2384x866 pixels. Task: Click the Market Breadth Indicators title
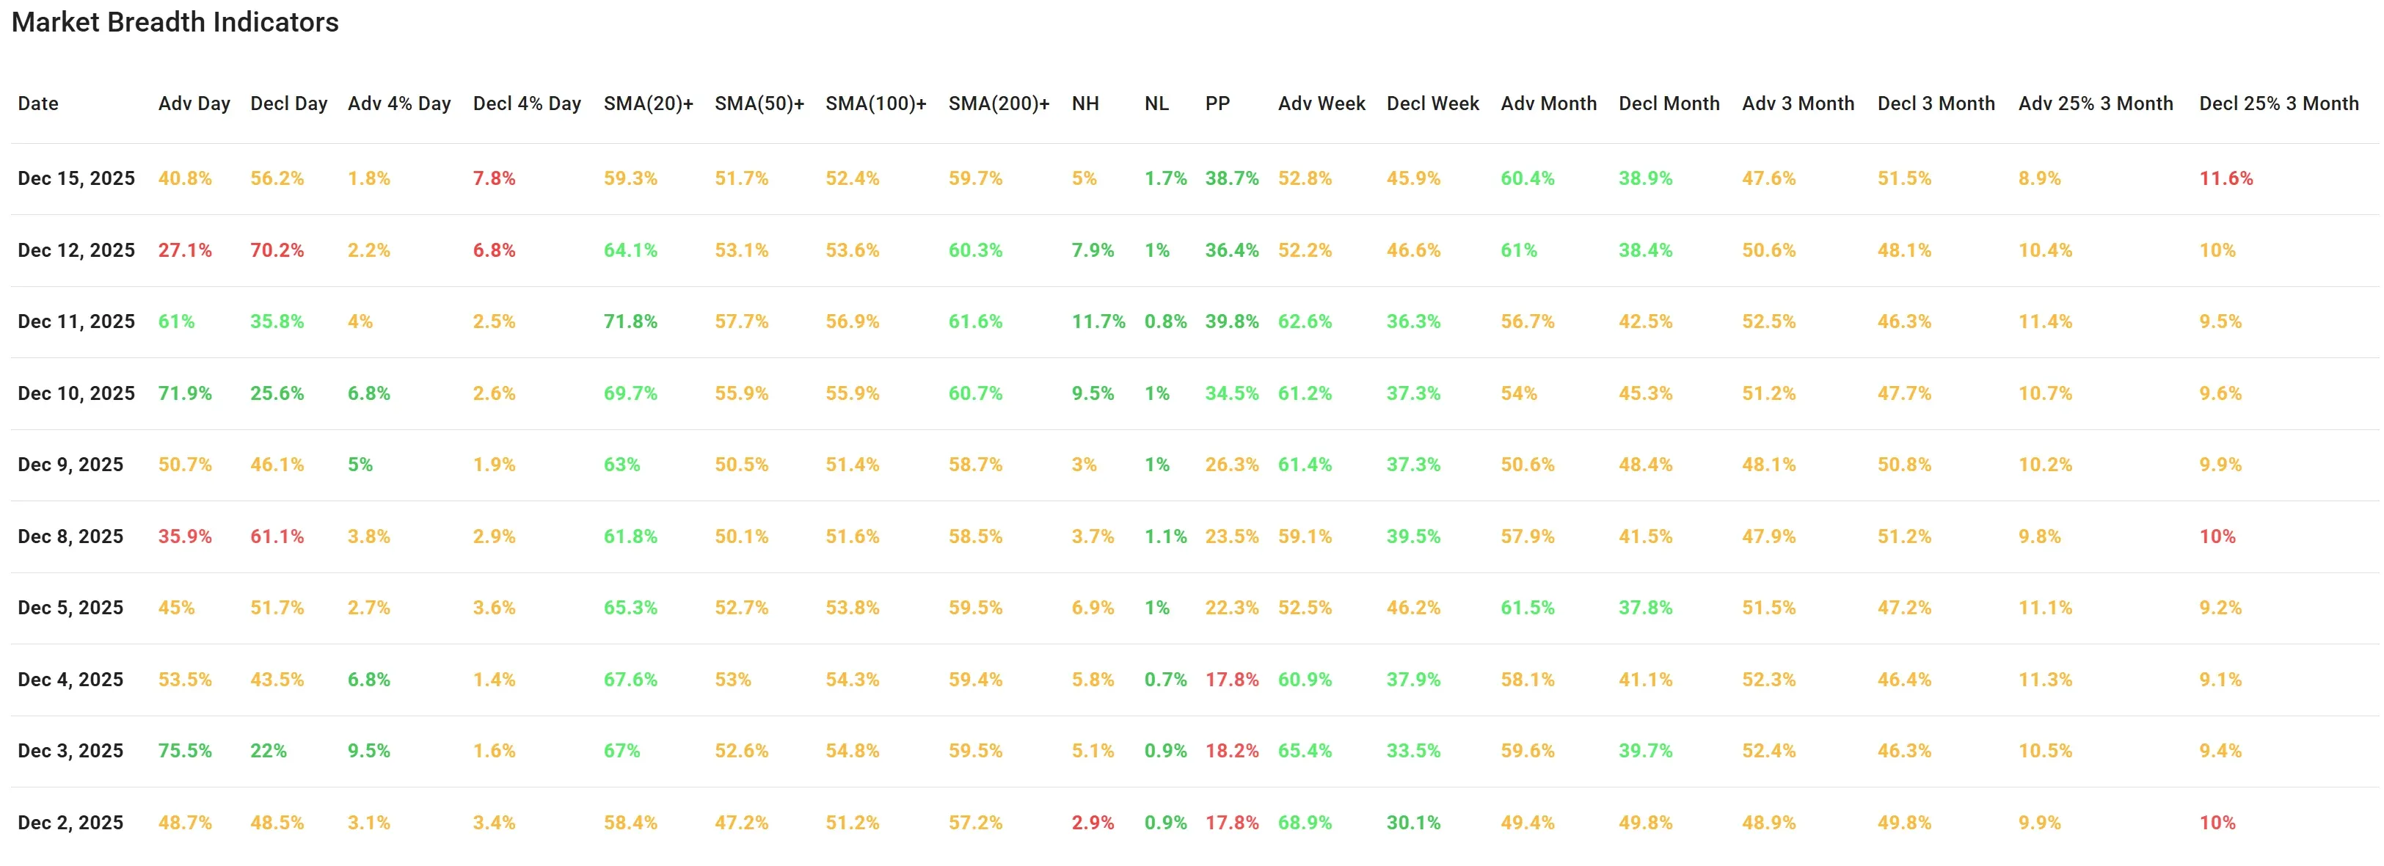click(175, 22)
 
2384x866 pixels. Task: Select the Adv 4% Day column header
click(399, 103)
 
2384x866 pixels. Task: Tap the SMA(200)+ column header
click(999, 103)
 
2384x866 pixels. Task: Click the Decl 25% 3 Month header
click(2278, 103)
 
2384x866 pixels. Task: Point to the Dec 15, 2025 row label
click(76, 178)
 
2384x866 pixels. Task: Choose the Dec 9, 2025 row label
click(70, 465)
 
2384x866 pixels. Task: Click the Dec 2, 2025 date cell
click(70, 823)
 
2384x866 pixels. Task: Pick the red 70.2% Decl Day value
click(277, 250)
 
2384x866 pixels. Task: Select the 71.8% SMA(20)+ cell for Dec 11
click(630, 321)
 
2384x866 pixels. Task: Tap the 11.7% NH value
click(1098, 321)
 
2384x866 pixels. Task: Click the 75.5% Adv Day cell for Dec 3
click(184, 750)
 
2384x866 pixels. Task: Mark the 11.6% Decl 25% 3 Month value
click(2226, 178)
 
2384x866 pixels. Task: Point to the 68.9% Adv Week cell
click(1304, 823)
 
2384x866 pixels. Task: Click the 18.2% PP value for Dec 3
click(1231, 750)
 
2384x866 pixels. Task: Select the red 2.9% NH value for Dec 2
click(1092, 823)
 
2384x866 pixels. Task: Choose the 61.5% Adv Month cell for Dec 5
click(1527, 608)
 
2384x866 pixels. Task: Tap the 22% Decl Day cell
click(269, 750)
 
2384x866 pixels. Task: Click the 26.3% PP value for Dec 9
click(1231, 465)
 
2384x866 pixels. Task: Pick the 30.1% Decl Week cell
click(1412, 823)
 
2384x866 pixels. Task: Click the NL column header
click(1156, 103)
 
